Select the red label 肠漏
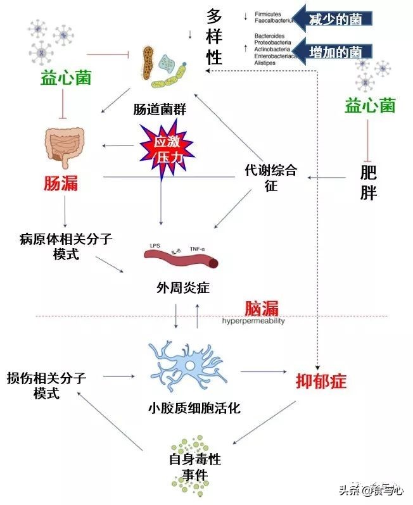click(x=61, y=183)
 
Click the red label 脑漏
click(x=262, y=308)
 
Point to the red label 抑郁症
click(x=322, y=380)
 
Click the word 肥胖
click(x=368, y=183)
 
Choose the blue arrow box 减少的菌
click(x=332, y=18)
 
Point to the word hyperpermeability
click(x=253, y=321)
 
